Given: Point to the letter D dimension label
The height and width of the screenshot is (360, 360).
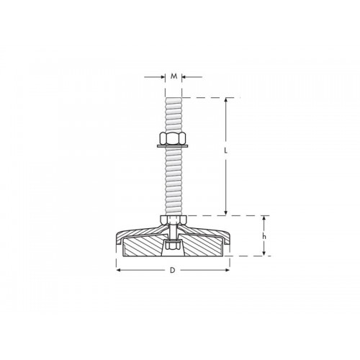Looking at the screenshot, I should [x=172, y=271].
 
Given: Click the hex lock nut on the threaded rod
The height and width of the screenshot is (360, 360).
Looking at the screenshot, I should [x=173, y=138].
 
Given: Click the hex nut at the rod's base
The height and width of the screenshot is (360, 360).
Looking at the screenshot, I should [x=173, y=219].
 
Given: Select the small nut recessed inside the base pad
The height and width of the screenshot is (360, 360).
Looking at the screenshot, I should [x=173, y=246].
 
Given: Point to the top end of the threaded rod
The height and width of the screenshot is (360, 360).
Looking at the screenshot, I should [x=173, y=99].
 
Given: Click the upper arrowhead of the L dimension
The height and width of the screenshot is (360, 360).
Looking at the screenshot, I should [x=228, y=100].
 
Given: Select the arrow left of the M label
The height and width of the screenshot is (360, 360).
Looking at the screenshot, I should [x=161, y=76].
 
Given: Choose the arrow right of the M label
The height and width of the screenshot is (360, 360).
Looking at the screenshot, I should [x=184, y=76].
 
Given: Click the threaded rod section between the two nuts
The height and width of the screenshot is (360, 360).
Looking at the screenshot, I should [x=173, y=180].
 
